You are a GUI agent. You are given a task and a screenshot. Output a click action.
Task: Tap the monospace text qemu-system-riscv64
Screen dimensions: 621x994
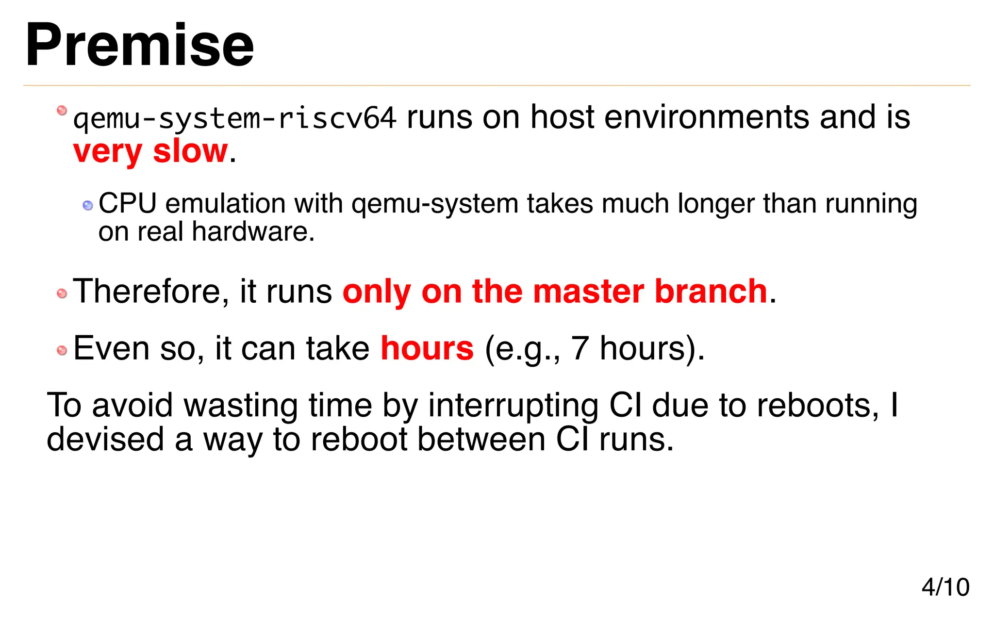click(234, 118)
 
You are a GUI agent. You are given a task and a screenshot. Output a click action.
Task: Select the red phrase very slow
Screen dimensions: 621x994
click(150, 151)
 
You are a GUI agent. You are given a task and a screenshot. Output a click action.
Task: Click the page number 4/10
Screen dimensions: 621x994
click(945, 587)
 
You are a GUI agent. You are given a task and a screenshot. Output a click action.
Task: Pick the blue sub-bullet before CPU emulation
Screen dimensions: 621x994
click(88, 206)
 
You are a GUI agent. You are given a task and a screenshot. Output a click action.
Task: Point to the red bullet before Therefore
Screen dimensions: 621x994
click(62, 294)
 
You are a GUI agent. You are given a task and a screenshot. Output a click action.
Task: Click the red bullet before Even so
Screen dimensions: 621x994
click(62, 350)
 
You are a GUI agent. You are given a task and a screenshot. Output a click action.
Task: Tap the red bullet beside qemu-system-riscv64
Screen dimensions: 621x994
click(62, 111)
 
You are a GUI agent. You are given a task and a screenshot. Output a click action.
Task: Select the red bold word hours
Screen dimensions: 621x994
click(427, 349)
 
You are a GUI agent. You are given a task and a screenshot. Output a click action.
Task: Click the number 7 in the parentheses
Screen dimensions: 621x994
click(580, 349)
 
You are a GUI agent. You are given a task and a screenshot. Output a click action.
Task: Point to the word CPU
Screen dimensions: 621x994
click(128, 204)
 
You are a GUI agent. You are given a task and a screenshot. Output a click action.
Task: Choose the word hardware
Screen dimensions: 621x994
click(253, 232)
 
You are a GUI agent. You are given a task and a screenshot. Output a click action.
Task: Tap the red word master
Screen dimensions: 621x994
click(588, 292)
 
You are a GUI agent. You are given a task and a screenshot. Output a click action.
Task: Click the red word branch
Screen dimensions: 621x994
click(711, 292)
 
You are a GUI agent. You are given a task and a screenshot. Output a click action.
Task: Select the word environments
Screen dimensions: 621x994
click(707, 118)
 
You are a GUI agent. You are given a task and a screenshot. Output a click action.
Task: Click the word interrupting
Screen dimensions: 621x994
click(513, 406)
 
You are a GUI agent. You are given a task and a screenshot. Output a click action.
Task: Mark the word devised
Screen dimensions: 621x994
click(105, 440)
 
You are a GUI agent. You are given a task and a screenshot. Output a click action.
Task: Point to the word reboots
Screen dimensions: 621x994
click(817, 406)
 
